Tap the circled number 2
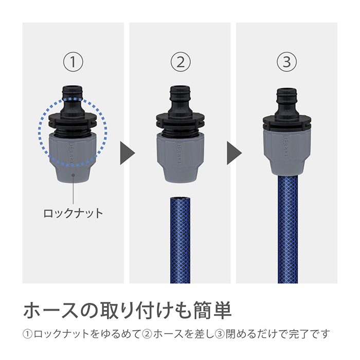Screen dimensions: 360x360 point(180,63)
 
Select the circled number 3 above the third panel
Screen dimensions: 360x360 point(286,63)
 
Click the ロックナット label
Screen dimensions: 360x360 point(73,212)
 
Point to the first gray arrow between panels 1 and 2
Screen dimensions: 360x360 point(127,153)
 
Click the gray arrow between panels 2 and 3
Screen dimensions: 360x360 point(234,153)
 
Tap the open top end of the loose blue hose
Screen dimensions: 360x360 point(180,198)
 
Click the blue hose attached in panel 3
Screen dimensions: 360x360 point(286,231)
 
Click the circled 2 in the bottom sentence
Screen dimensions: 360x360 point(147,334)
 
